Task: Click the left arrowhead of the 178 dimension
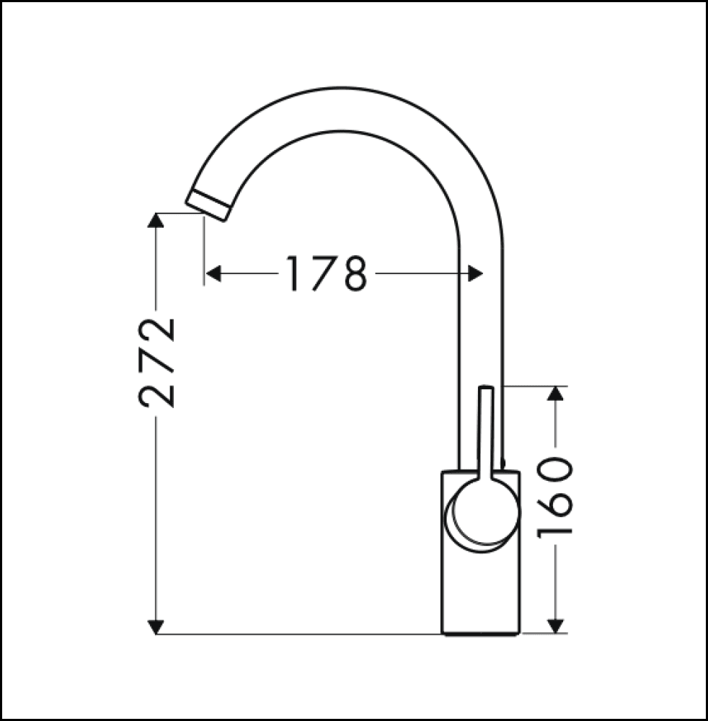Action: pyautogui.click(x=213, y=273)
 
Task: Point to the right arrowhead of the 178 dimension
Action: pyautogui.click(x=475, y=273)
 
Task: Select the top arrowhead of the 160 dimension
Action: pyautogui.click(x=555, y=394)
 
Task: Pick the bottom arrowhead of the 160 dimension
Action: pyautogui.click(x=555, y=626)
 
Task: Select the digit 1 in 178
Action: pyautogui.click(x=293, y=274)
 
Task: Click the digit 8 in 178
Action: pyautogui.click(x=353, y=274)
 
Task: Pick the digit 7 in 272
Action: pyautogui.click(x=157, y=361)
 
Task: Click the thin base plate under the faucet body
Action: pyautogui.click(x=481, y=635)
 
